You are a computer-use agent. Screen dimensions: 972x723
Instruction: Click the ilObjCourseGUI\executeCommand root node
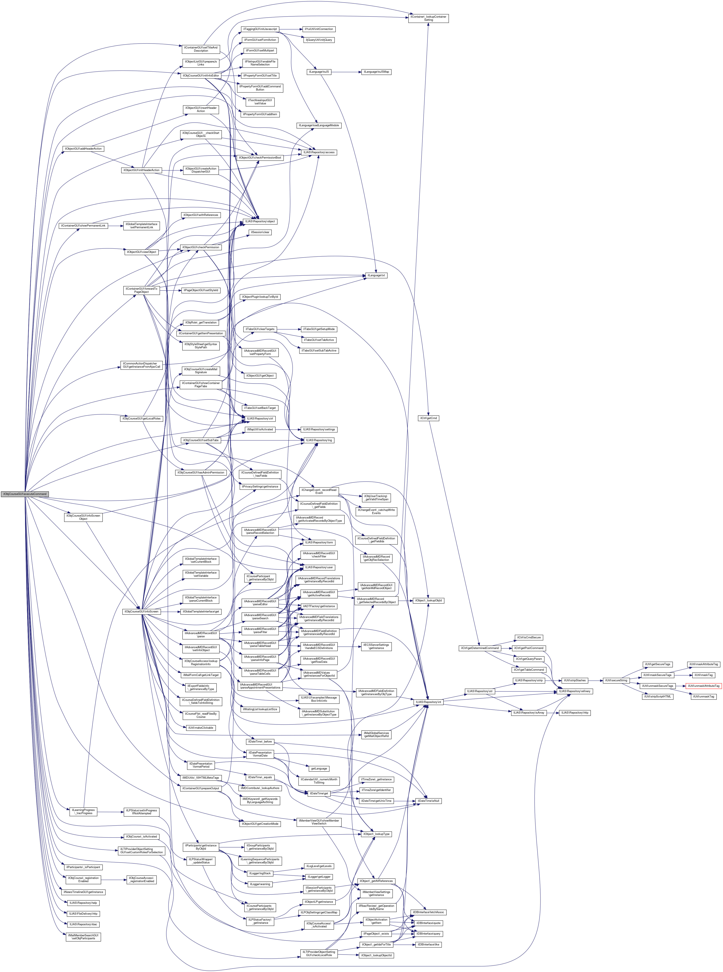point(24,494)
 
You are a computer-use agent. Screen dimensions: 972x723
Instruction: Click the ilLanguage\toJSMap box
point(376,72)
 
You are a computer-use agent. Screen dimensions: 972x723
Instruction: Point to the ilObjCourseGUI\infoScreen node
point(141,611)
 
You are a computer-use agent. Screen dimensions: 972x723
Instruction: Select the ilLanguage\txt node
point(376,275)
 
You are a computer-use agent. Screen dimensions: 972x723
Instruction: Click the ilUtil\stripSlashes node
point(575,680)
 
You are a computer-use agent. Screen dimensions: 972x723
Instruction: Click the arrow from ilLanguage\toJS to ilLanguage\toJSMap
point(346,72)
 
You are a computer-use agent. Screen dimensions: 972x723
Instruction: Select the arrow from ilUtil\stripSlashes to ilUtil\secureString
point(595,680)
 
